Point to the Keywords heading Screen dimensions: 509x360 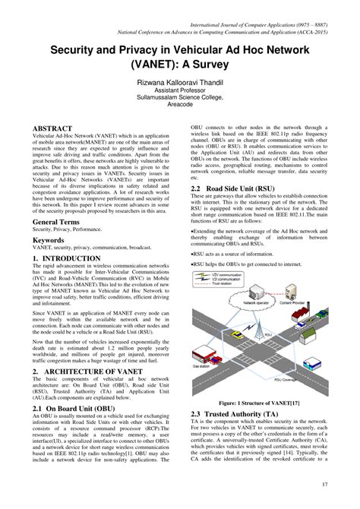48,239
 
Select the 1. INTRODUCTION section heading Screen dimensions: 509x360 66,258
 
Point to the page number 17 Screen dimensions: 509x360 324,484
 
